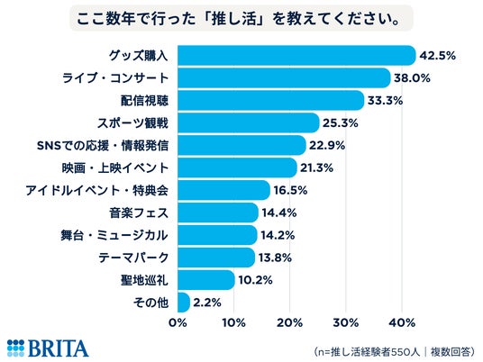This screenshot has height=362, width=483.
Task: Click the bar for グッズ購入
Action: (x=297, y=56)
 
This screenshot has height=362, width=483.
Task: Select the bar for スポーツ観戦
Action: (x=249, y=122)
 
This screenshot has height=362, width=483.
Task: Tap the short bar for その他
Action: (x=184, y=303)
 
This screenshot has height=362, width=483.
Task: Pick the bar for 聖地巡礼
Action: (x=206, y=280)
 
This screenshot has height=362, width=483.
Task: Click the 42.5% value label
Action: (x=438, y=56)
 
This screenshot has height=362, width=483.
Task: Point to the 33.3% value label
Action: (x=385, y=100)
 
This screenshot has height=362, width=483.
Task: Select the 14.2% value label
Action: (x=278, y=235)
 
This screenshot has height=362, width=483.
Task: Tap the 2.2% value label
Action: (x=207, y=303)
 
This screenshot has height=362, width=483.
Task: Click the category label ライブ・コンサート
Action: (x=115, y=77)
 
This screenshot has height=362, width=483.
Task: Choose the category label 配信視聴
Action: (x=144, y=100)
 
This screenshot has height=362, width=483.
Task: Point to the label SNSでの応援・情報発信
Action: (x=103, y=145)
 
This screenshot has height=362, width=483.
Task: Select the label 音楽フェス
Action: (x=139, y=213)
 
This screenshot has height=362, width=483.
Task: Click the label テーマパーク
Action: (x=133, y=258)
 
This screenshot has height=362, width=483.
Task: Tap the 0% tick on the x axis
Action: (x=178, y=322)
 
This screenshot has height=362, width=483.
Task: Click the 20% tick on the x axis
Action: (x=289, y=322)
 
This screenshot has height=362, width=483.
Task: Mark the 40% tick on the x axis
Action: (x=402, y=322)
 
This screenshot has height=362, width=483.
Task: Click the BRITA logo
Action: (x=48, y=348)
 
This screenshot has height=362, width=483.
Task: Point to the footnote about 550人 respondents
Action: (x=395, y=351)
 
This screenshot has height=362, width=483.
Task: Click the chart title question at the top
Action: (x=239, y=19)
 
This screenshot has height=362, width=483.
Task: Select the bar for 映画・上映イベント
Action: (x=238, y=167)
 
